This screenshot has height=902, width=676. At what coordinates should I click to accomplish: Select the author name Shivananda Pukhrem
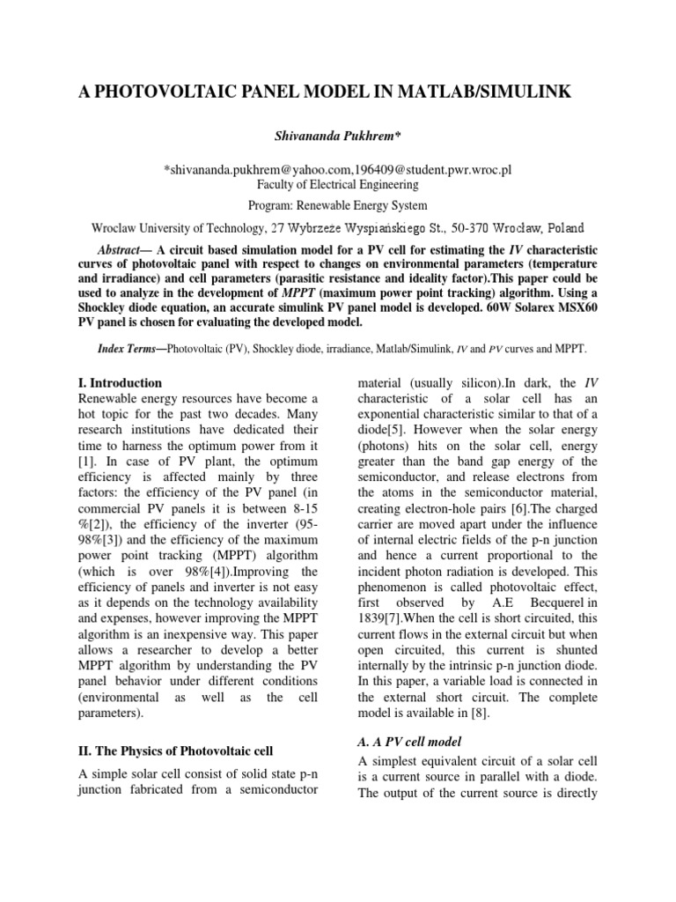click(x=337, y=136)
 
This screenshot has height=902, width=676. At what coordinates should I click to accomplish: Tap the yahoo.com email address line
click(x=337, y=168)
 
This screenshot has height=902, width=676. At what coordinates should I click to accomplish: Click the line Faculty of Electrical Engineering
click(x=337, y=185)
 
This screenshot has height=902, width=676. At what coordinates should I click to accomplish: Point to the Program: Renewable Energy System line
click(x=337, y=206)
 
